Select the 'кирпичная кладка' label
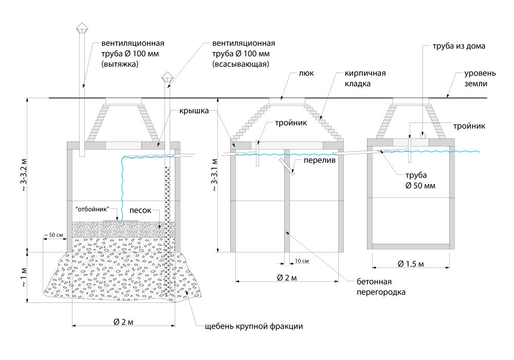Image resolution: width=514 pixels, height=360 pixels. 358,78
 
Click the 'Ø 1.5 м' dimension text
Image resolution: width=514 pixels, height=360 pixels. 410,264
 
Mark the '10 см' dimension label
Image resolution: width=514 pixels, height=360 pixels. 302,261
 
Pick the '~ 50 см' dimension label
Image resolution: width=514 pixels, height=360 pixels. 53,235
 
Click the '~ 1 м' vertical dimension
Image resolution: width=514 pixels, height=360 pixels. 21,278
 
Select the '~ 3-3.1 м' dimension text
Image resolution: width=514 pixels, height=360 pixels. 213,175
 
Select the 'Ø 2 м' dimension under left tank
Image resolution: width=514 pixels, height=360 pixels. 123,322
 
